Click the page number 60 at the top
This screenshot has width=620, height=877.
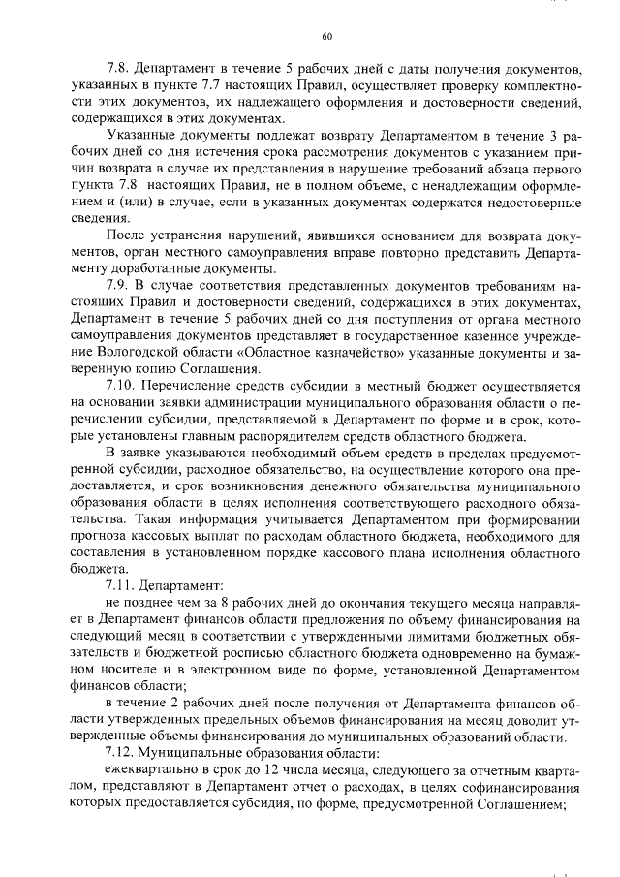(x=326, y=37)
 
